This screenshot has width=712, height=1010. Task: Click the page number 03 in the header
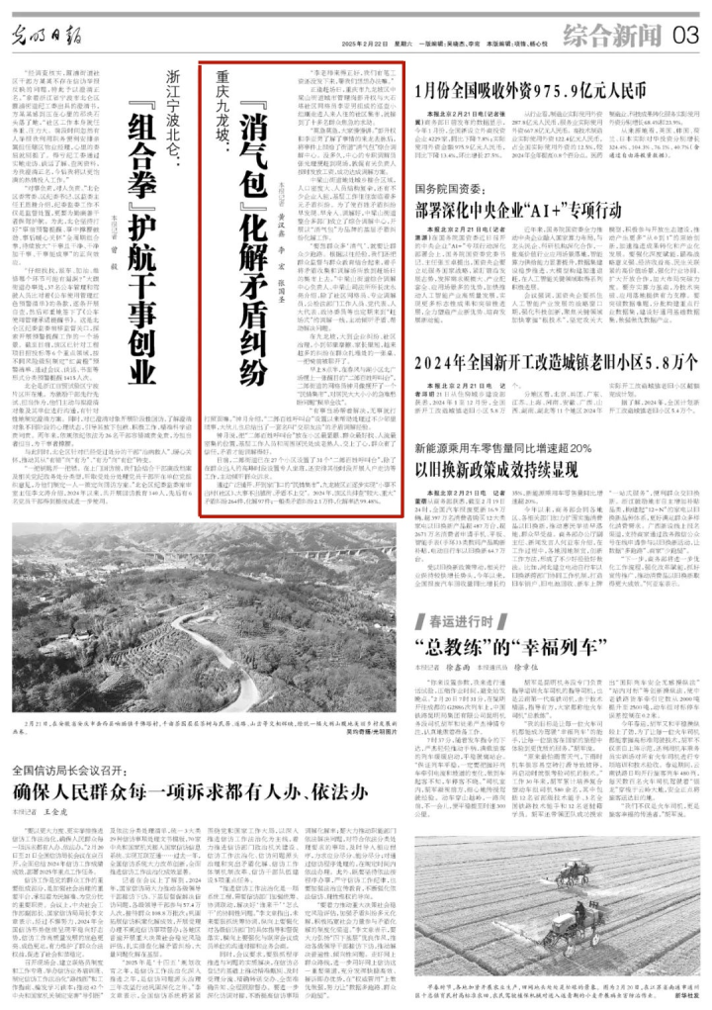[x=685, y=36]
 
